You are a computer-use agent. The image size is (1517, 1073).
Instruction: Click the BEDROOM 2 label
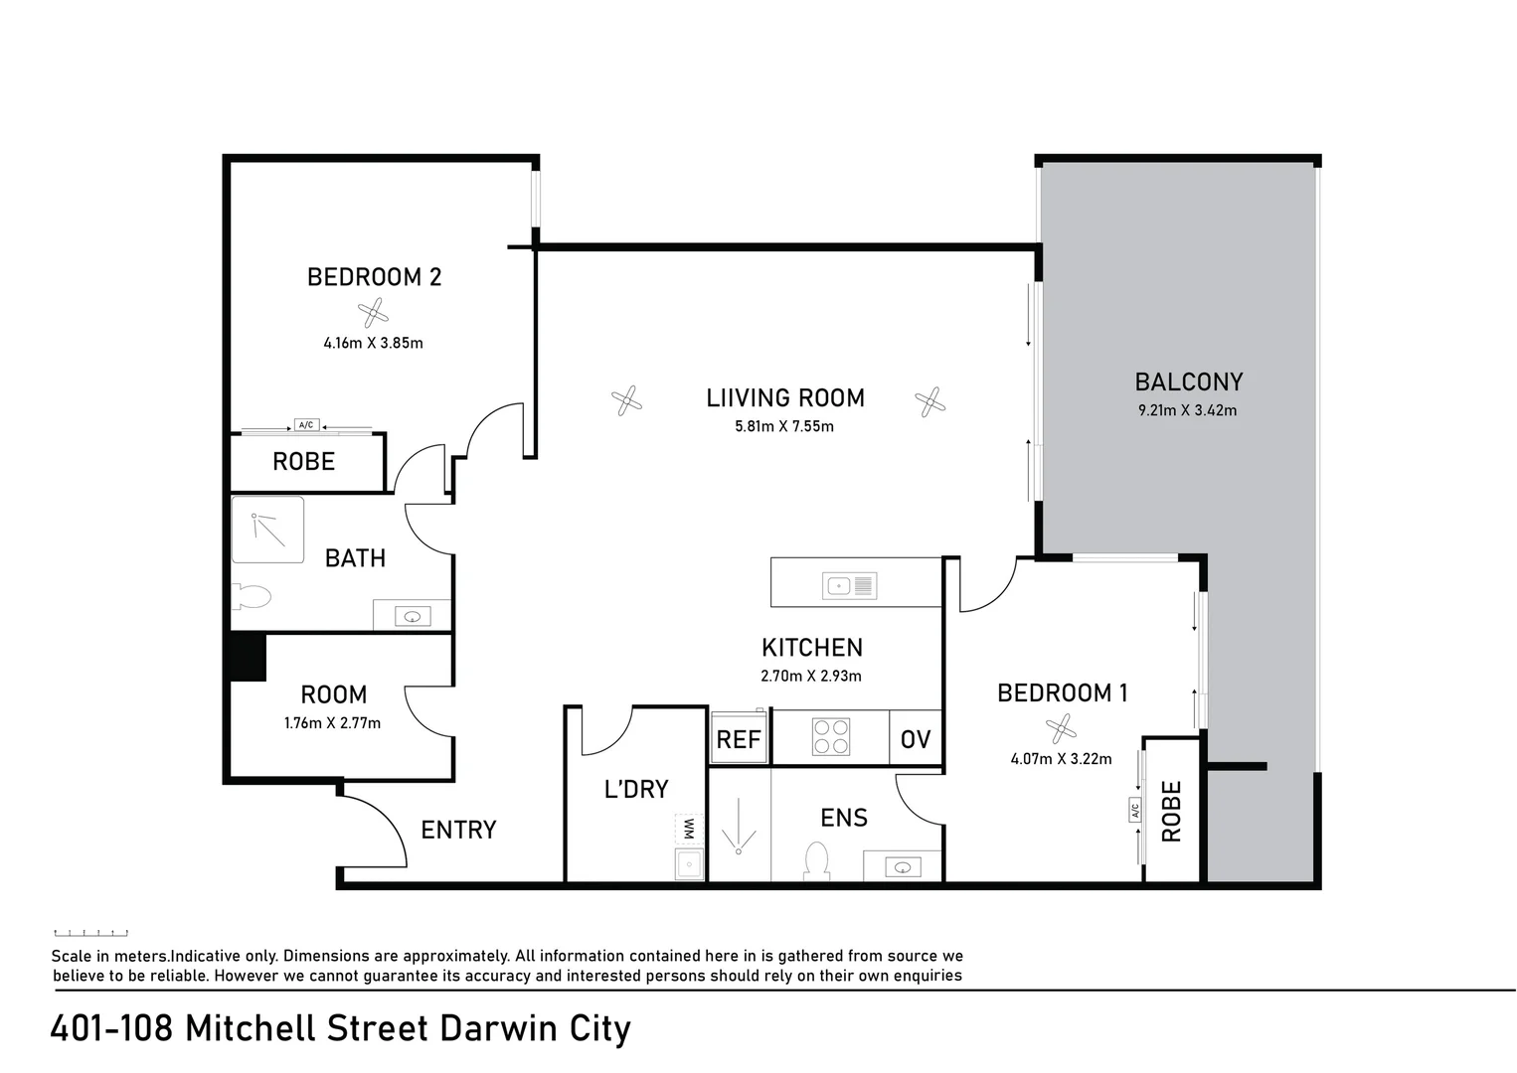point(374,277)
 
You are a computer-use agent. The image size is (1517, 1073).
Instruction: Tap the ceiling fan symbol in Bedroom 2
point(373,314)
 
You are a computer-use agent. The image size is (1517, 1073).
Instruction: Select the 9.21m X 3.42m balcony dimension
point(1187,410)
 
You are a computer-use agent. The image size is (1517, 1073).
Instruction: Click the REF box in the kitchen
point(738,739)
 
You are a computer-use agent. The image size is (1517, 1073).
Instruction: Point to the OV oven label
point(915,739)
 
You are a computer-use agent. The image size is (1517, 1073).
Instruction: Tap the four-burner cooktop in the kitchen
point(831,737)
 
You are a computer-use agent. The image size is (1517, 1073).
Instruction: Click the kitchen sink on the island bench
point(849,586)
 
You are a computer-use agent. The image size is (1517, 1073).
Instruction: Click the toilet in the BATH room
point(252,597)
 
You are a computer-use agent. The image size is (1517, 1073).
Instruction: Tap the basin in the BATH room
point(413,616)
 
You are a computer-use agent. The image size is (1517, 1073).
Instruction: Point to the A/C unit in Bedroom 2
point(305,425)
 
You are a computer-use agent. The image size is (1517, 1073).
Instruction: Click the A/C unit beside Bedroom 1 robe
point(1135,811)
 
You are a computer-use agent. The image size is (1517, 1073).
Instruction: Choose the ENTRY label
point(458,830)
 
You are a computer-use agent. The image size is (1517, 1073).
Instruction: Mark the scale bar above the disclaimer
point(90,933)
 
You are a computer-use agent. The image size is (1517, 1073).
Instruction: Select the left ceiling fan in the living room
point(626,401)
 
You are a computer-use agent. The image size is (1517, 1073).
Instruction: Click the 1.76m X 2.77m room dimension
point(332,723)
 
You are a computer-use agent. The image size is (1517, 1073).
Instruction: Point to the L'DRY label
point(636,789)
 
